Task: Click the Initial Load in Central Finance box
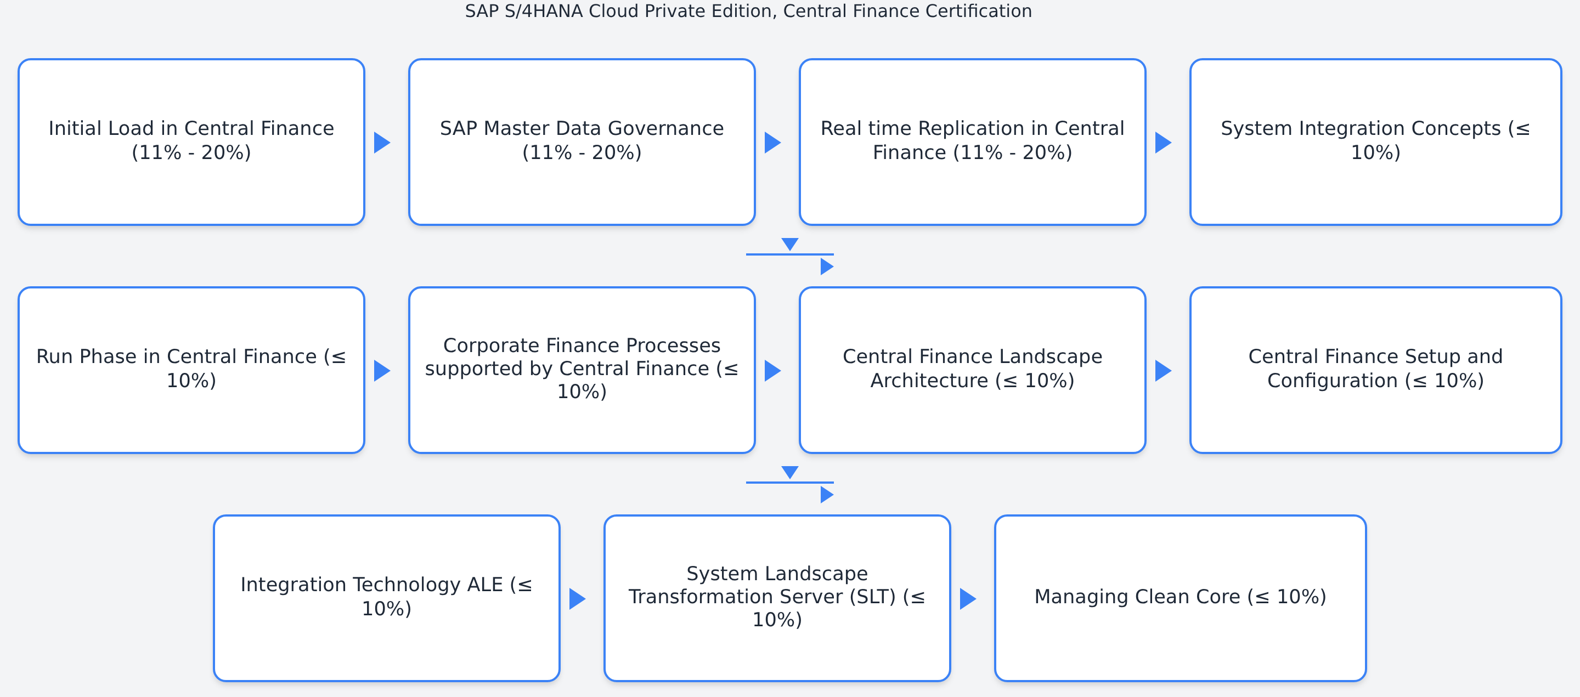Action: [x=191, y=142]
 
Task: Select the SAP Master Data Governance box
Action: [x=582, y=142]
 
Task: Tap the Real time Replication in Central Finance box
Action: [x=972, y=142]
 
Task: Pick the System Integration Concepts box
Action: [x=1375, y=142]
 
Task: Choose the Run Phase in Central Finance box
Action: [x=191, y=370]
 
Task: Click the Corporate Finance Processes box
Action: [x=582, y=370]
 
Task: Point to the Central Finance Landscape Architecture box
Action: [x=972, y=370]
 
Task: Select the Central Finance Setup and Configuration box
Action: [x=1375, y=370]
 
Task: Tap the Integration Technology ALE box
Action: [x=386, y=598]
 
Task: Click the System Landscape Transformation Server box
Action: [x=777, y=598]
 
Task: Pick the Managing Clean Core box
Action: [x=1180, y=598]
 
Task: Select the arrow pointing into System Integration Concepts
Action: [x=1163, y=143]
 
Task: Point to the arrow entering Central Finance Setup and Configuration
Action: [x=1163, y=371]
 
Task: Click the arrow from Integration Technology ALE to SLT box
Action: [x=577, y=599]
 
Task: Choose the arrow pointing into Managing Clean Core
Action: [x=968, y=599]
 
